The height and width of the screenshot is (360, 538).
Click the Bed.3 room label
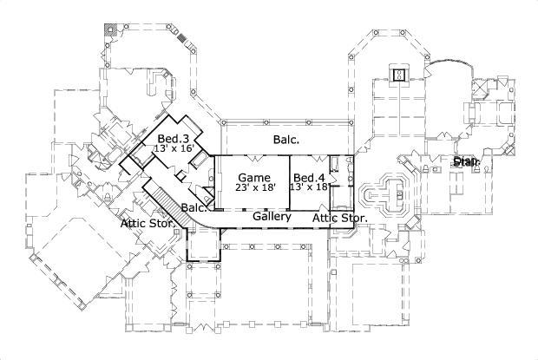(174, 139)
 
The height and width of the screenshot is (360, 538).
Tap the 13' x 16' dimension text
(173, 149)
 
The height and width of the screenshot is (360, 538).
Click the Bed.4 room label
(310, 177)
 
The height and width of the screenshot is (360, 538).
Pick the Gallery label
(272, 218)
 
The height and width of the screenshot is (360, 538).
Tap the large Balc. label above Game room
(286, 139)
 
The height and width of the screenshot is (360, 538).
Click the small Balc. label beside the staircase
(193, 208)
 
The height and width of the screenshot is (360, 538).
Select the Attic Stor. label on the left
(149, 223)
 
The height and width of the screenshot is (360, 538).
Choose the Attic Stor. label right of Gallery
(340, 218)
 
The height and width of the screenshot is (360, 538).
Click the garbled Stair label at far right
(466, 161)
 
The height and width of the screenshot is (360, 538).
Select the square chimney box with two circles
(398, 75)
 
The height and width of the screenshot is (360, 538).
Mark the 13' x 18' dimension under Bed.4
(310, 187)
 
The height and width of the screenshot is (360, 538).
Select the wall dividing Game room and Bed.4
(290, 182)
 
